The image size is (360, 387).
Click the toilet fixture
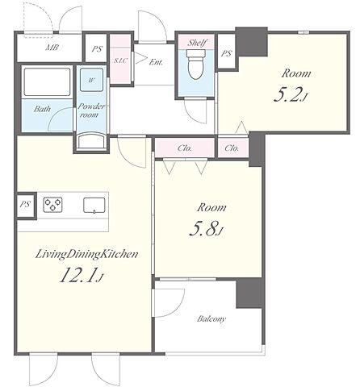pyautogui.click(x=196, y=64)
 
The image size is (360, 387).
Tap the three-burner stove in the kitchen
pyautogui.click(x=53, y=205)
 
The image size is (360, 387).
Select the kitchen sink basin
pyautogui.click(x=94, y=206)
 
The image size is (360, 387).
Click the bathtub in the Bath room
pyautogui.click(x=47, y=81)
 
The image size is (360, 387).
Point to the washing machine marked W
pyautogui.click(x=91, y=80)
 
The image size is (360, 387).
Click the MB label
pyautogui.click(x=52, y=48)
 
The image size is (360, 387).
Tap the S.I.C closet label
pyautogui.click(x=120, y=60)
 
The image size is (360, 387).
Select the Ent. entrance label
pyautogui.click(x=156, y=62)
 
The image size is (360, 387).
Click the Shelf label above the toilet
pyautogui.click(x=197, y=43)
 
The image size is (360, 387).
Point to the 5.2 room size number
pyautogui.click(x=287, y=94)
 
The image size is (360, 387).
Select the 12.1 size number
pyautogui.click(x=77, y=275)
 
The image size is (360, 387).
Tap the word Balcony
pyautogui.click(x=211, y=319)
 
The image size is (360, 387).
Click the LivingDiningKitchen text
pyautogui.click(x=86, y=254)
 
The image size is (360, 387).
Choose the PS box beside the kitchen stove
pyautogui.click(x=26, y=205)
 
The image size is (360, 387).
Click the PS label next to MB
pyautogui.click(x=97, y=49)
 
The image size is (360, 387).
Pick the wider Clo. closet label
pyautogui.click(x=185, y=148)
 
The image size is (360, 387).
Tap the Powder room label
pyautogui.click(x=91, y=110)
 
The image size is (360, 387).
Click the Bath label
pyautogui.click(x=42, y=109)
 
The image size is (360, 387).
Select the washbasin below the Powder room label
pyautogui.click(x=92, y=140)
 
